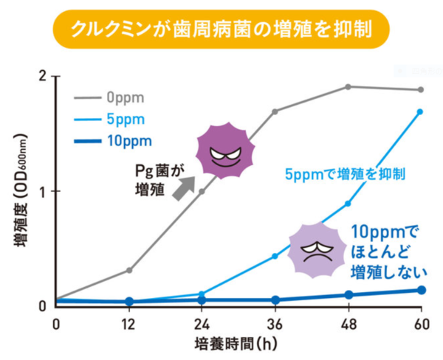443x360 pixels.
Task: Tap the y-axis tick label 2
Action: (x=44, y=77)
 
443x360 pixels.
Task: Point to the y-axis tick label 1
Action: (x=44, y=191)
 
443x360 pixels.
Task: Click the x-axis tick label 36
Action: (x=275, y=323)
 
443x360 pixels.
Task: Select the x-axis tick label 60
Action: (x=421, y=323)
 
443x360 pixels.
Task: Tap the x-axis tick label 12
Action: (x=129, y=323)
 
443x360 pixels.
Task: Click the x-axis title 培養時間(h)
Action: (x=238, y=345)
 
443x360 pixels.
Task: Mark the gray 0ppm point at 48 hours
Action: (x=348, y=87)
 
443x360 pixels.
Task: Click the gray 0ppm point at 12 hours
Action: (x=129, y=270)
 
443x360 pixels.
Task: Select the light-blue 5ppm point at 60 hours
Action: (x=420, y=112)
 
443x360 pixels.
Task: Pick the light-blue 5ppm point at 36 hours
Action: (x=275, y=256)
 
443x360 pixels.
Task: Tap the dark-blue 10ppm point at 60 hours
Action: (x=421, y=290)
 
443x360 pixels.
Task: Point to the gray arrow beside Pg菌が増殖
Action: (x=182, y=188)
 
